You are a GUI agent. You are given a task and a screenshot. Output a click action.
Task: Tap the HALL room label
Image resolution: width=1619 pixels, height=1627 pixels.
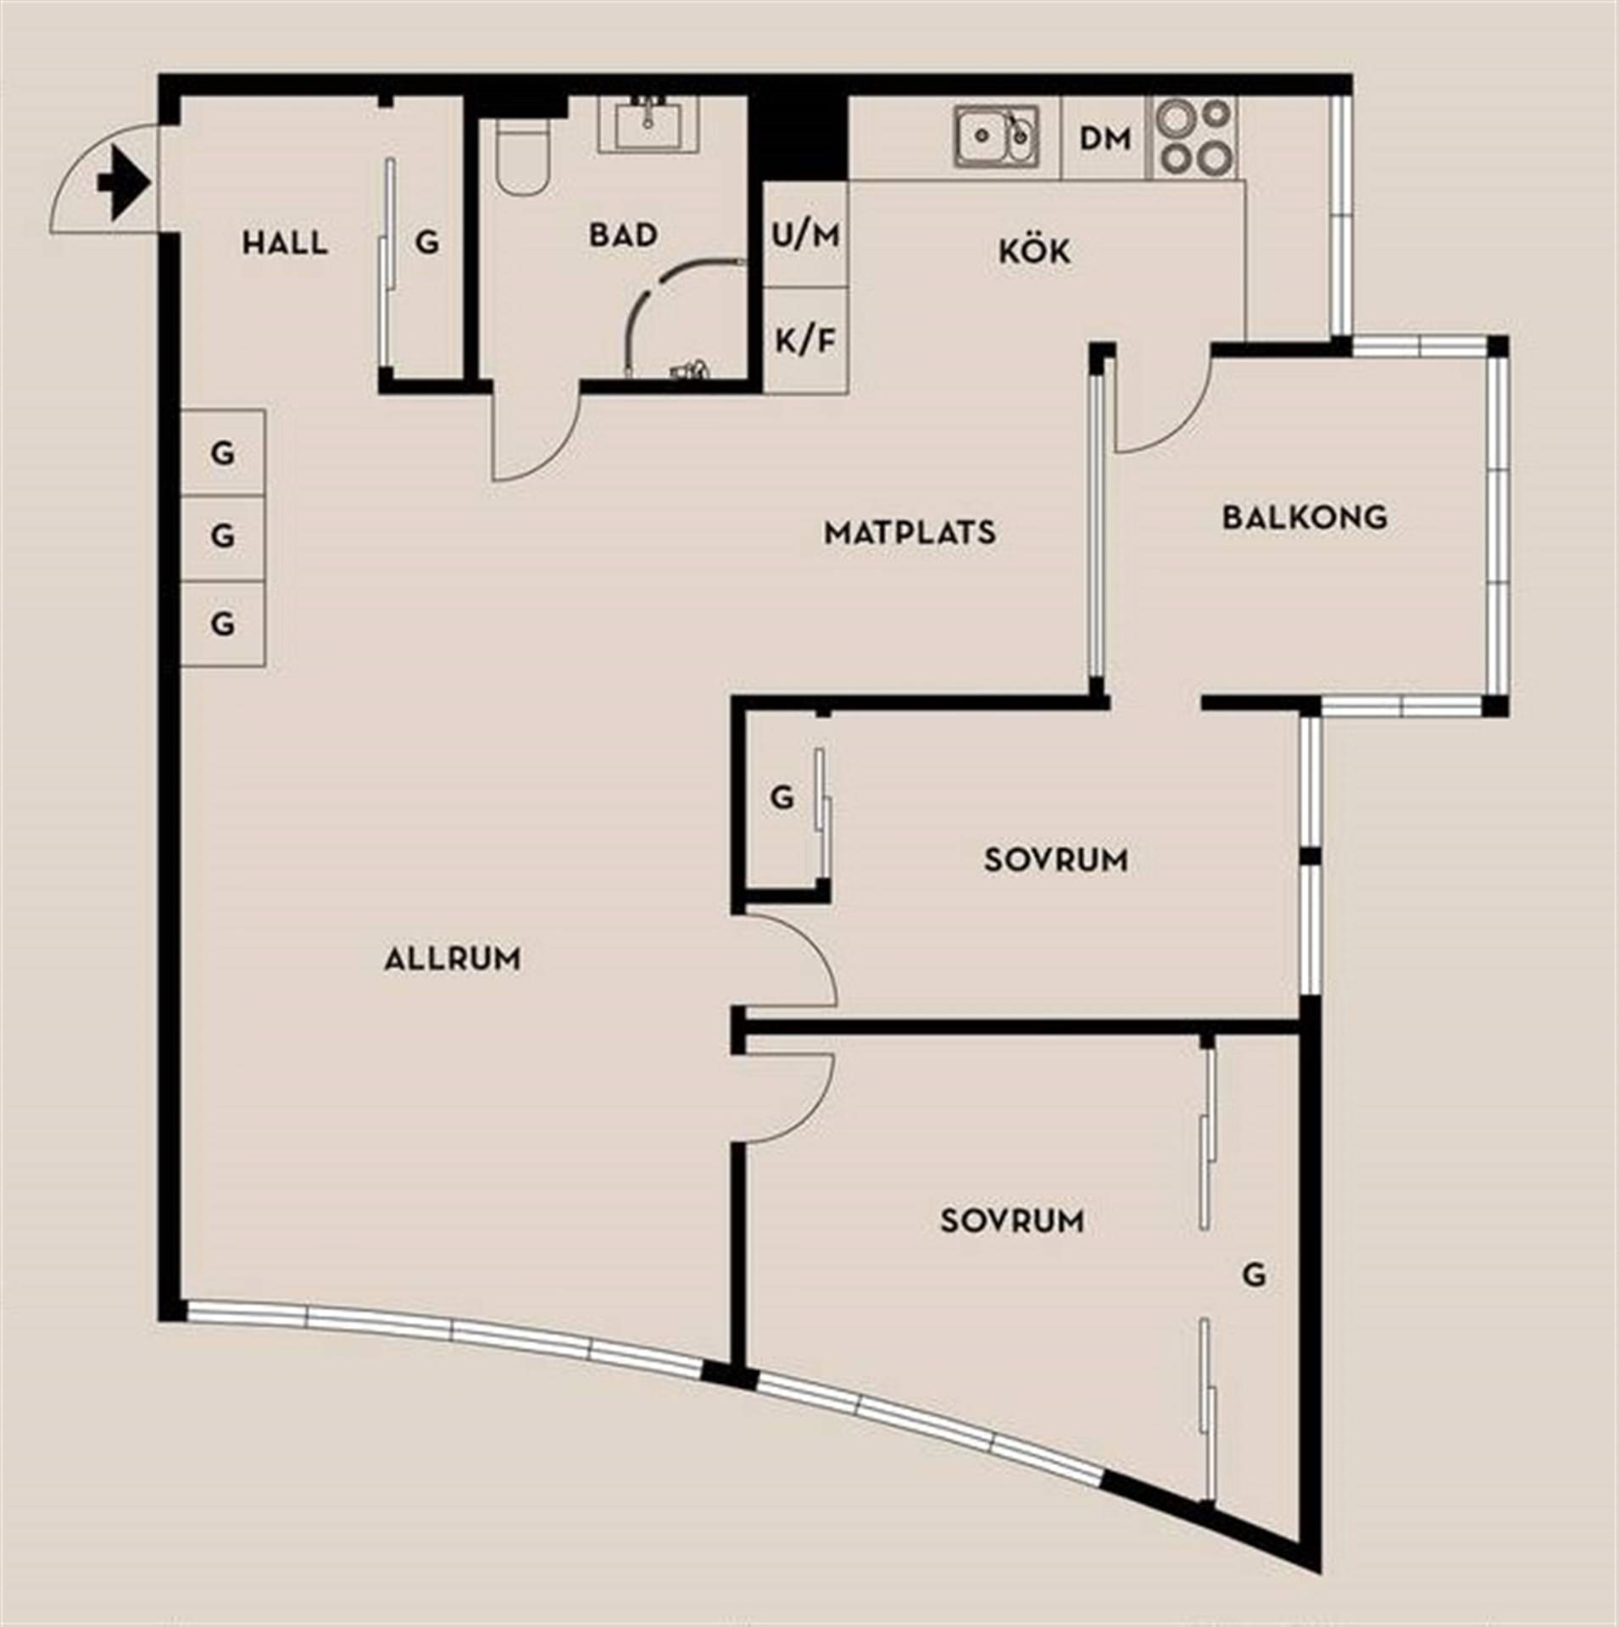(285, 244)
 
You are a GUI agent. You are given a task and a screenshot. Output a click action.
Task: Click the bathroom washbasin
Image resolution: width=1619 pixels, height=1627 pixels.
(649, 125)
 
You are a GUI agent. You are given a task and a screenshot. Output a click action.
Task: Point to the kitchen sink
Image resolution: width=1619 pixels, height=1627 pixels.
(996, 136)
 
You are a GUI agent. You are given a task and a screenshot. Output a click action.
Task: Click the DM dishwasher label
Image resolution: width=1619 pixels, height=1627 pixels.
(1104, 139)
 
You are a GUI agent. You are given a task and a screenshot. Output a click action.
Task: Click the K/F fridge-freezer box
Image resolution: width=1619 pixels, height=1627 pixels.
(805, 341)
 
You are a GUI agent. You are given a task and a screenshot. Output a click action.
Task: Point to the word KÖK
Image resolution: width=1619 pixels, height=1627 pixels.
(1034, 252)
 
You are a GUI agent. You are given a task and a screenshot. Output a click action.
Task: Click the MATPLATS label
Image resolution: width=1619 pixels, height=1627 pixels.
(910, 533)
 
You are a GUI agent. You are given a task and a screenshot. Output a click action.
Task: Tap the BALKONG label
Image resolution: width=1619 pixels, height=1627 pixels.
(1305, 517)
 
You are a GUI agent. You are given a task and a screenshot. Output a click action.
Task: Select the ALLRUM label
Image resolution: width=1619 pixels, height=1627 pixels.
(453, 959)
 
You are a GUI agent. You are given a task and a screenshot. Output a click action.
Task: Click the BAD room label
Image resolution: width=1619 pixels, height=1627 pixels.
(623, 235)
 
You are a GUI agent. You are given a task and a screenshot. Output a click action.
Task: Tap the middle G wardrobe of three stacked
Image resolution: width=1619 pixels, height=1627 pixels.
(223, 537)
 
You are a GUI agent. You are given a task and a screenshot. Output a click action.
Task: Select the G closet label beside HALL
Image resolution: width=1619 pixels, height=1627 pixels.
(427, 244)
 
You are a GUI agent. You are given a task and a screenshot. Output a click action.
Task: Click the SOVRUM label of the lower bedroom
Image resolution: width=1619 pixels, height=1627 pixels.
(1012, 1221)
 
